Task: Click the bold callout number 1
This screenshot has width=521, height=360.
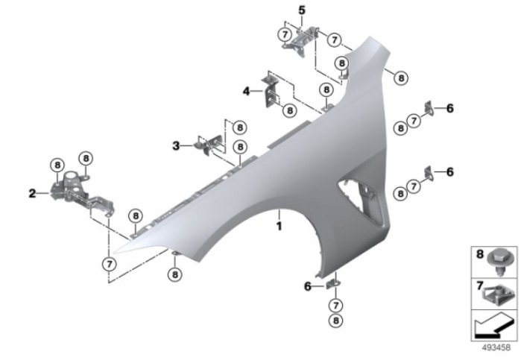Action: click(x=279, y=227)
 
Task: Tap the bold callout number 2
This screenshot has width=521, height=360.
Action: click(x=32, y=193)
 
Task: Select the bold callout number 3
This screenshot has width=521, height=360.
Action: click(x=176, y=145)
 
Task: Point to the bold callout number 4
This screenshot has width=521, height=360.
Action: click(x=246, y=91)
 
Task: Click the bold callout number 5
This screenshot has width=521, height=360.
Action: click(x=301, y=10)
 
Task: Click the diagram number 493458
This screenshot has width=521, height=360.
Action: click(x=496, y=347)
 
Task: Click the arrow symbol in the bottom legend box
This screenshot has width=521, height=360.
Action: click(x=493, y=325)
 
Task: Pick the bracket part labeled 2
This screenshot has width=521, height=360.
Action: click(x=81, y=193)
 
